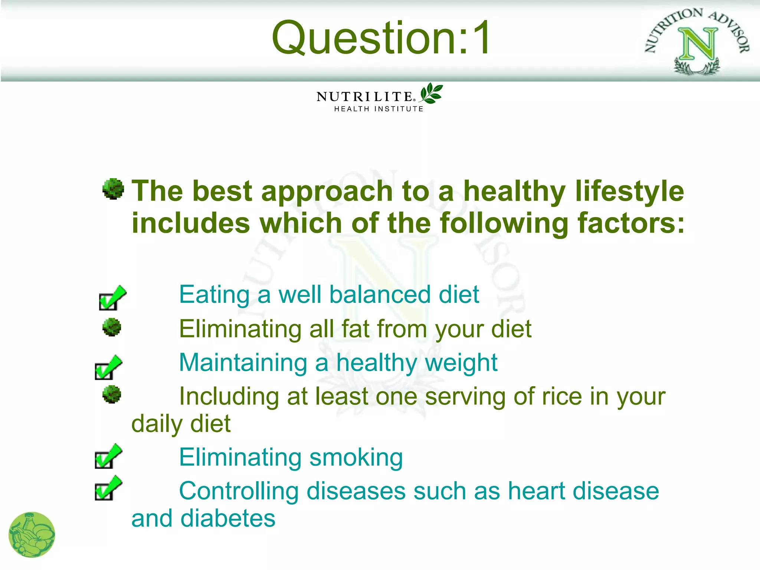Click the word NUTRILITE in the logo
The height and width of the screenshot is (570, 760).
click(x=364, y=97)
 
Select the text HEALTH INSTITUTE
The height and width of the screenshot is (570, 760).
click(x=379, y=109)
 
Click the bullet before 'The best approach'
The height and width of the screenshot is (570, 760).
click(x=113, y=189)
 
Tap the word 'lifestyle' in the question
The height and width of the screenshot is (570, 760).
click(x=629, y=191)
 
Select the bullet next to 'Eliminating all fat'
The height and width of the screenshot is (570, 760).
click(x=112, y=327)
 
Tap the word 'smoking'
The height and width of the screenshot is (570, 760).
click(x=356, y=458)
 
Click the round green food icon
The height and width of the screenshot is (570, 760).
click(x=32, y=534)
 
